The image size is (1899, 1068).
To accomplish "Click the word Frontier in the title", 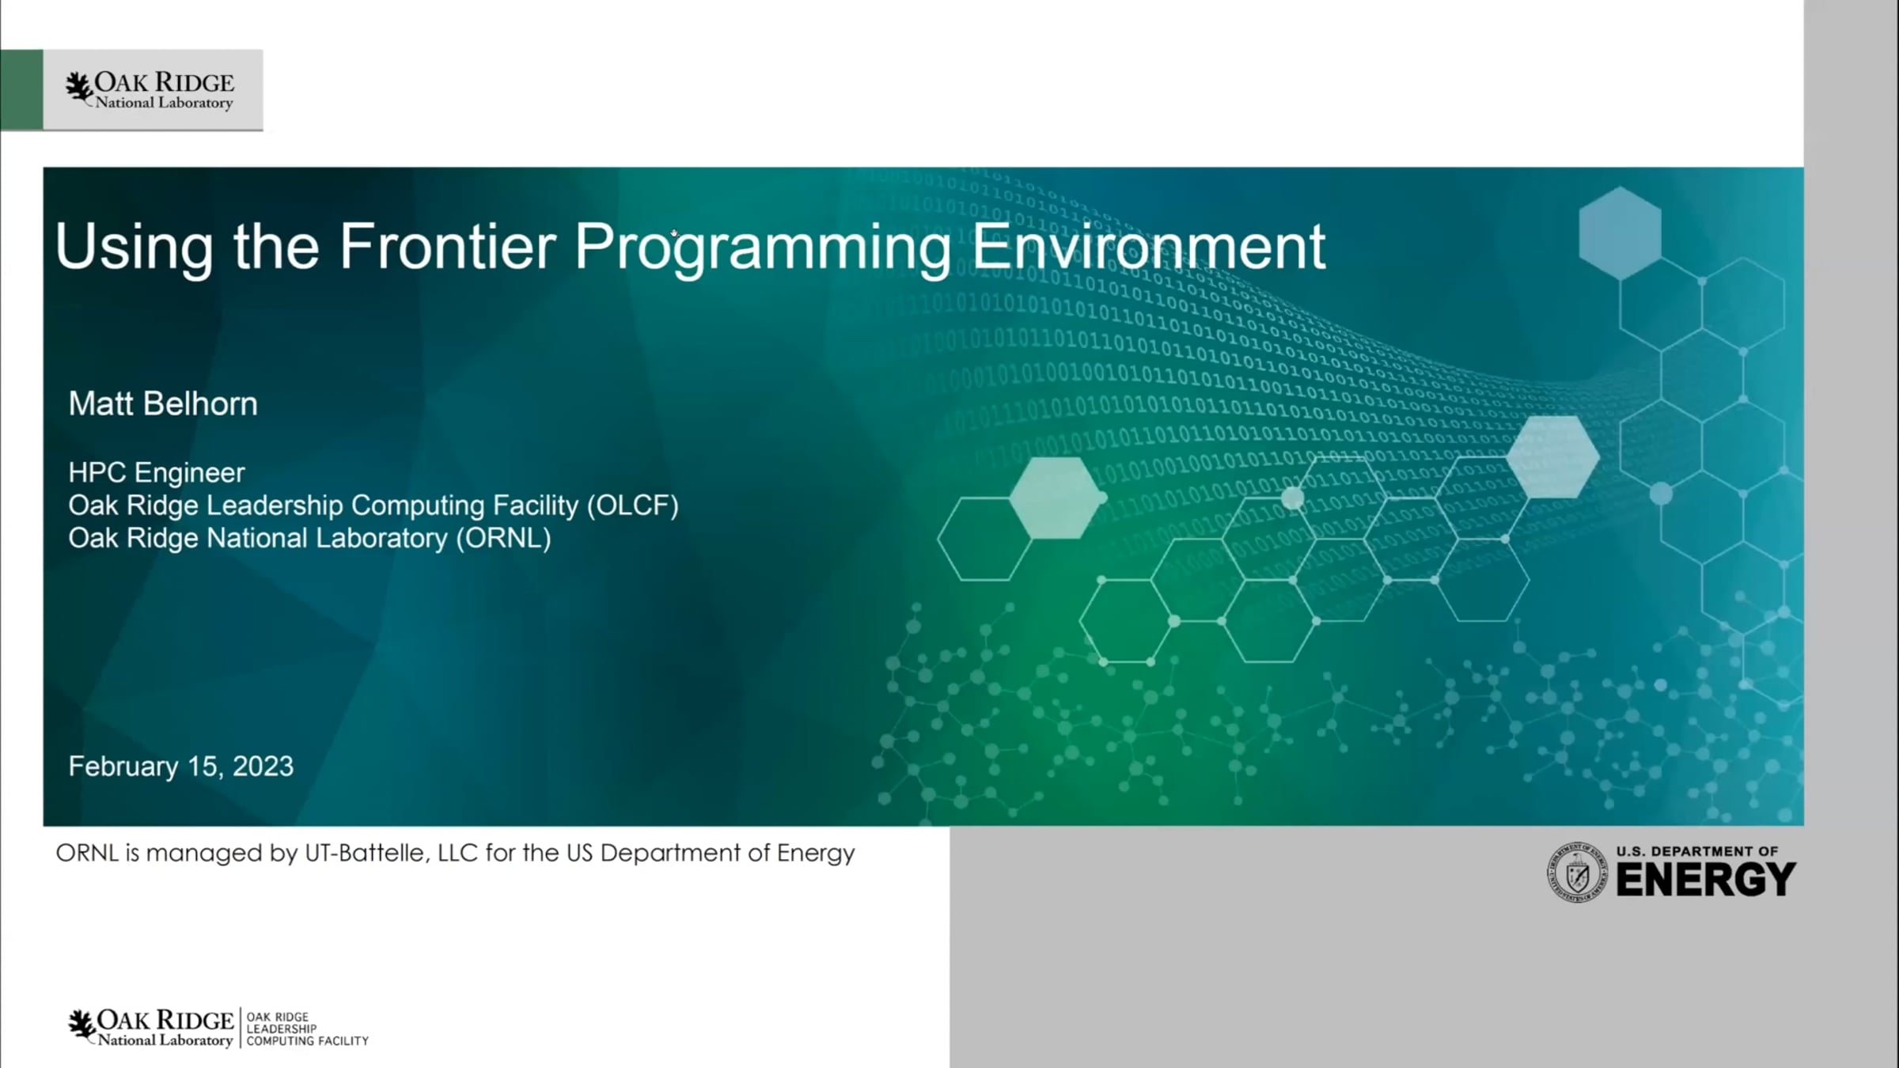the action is (448, 246).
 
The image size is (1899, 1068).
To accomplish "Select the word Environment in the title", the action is (1148, 246).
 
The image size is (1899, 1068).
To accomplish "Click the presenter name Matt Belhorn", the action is (163, 403).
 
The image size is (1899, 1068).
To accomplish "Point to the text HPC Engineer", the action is (157, 473).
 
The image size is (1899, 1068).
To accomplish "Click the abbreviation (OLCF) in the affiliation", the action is (633, 506).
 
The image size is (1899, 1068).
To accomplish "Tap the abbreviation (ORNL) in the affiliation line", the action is (503, 538).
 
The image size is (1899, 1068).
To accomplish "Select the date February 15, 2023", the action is (181, 767).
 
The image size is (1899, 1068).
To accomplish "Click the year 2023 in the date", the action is (263, 766).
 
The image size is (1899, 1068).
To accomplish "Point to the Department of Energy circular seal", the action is (1577, 872).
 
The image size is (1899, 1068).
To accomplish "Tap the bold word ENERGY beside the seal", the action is (1705, 880).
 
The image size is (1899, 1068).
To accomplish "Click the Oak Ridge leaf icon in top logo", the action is (79, 89).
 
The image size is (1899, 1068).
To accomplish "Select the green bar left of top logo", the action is (21, 89).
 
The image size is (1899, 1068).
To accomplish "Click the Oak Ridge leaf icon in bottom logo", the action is (81, 1025).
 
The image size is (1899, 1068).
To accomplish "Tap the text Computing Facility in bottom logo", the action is (307, 1041).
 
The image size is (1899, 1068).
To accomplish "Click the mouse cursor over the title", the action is (674, 233).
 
